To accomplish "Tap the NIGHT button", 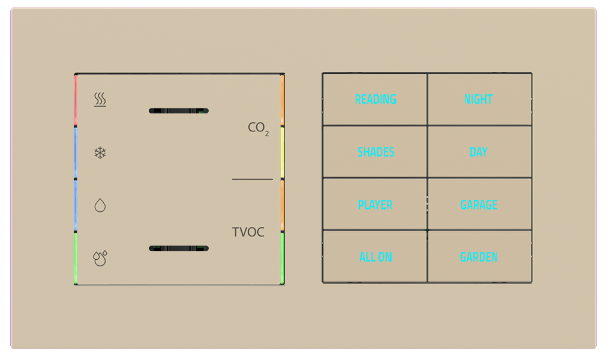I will click(479, 100).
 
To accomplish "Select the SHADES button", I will click(375, 152).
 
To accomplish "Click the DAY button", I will click(479, 152).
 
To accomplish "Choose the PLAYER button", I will click(375, 205).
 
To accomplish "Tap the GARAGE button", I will click(479, 205).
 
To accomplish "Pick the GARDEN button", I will click(479, 257).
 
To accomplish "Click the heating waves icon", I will click(100, 100).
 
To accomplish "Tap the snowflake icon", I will click(100, 153).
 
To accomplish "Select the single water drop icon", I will click(100, 206).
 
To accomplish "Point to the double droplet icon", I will click(100, 258).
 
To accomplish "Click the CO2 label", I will click(258, 128).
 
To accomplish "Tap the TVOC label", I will click(248, 232).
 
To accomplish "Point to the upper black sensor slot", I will click(179, 111).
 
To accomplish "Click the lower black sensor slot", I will click(179, 248).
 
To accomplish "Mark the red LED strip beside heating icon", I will click(76, 101).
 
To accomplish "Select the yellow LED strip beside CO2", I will click(283, 152).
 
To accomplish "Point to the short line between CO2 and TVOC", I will click(253, 179).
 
